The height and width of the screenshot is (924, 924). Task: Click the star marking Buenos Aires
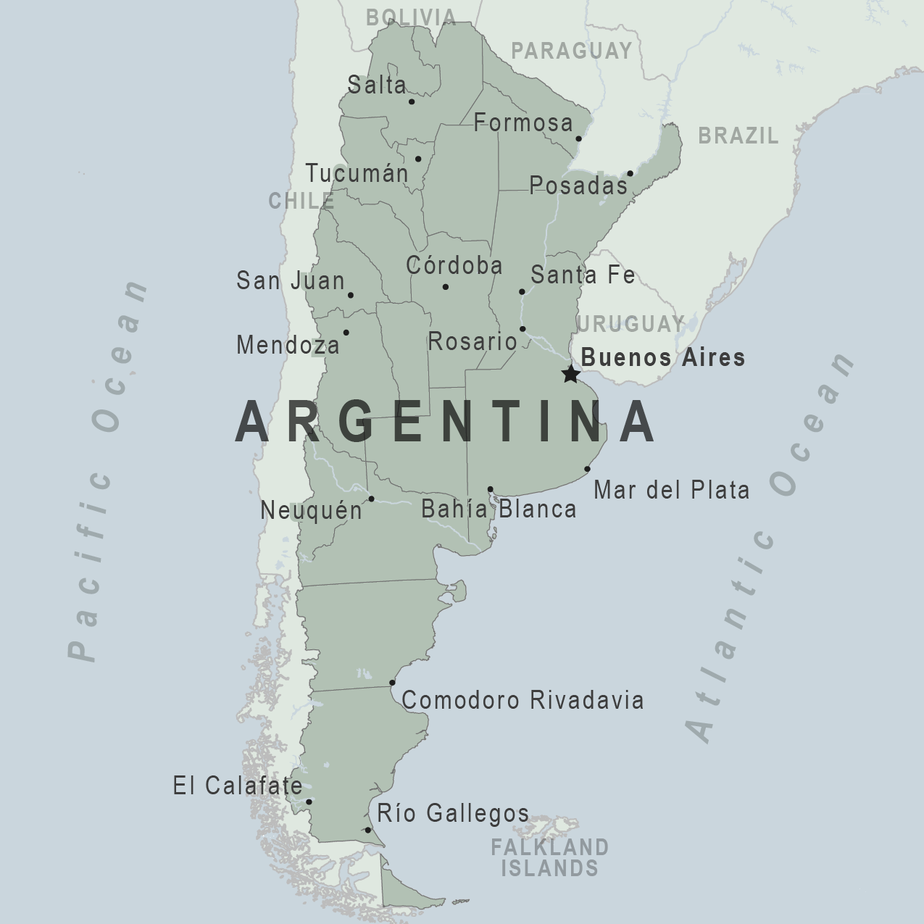(x=571, y=374)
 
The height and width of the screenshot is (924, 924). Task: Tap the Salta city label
(x=377, y=85)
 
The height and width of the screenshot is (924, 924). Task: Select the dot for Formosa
(x=579, y=138)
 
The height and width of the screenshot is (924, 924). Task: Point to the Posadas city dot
(x=630, y=173)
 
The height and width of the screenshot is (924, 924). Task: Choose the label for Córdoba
(x=454, y=265)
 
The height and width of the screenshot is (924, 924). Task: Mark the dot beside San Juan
(x=351, y=295)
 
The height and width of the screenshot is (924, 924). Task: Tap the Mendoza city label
(x=288, y=345)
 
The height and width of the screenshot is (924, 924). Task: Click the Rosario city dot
(x=523, y=329)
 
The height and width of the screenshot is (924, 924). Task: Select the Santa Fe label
(x=583, y=275)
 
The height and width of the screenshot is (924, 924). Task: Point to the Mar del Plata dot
(x=587, y=469)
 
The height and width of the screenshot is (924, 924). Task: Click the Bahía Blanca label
(x=499, y=509)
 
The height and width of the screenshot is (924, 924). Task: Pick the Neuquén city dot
(x=371, y=499)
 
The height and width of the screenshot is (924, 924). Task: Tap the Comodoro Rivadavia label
(x=523, y=700)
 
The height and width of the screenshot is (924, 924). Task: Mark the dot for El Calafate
(x=309, y=802)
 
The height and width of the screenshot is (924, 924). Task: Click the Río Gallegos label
(x=453, y=813)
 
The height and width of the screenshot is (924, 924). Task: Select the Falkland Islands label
(x=550, y=857)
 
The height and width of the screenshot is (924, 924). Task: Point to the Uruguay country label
(x=631, y=323)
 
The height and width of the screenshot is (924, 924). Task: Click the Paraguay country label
(x=572, y=50)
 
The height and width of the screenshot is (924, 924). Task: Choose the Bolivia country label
(x=411, y=17)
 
